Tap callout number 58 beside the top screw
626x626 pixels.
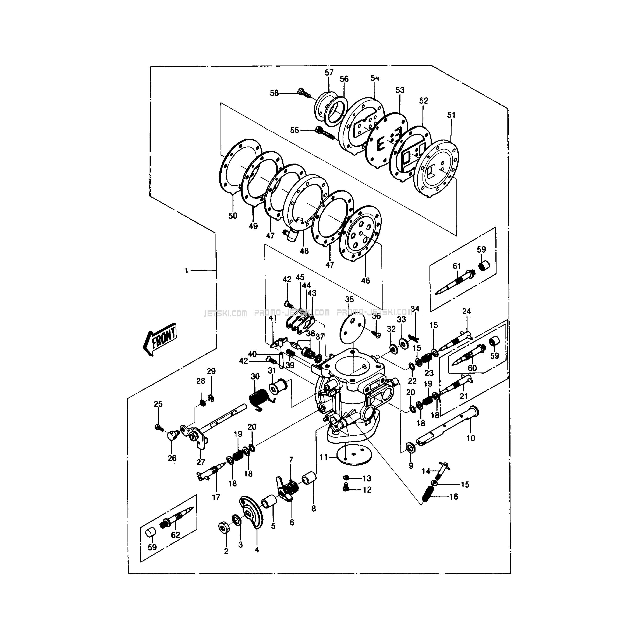(x=274, y=93)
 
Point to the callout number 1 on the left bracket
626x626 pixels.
(x=186, y=270)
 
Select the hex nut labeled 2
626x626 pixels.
(x=223, y=528)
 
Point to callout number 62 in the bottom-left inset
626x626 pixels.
(x=175, y=535)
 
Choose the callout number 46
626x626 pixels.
(x=365, y=280)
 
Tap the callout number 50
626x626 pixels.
(x=233, y=216)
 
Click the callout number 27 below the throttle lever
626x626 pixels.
(x=201, y=462)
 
